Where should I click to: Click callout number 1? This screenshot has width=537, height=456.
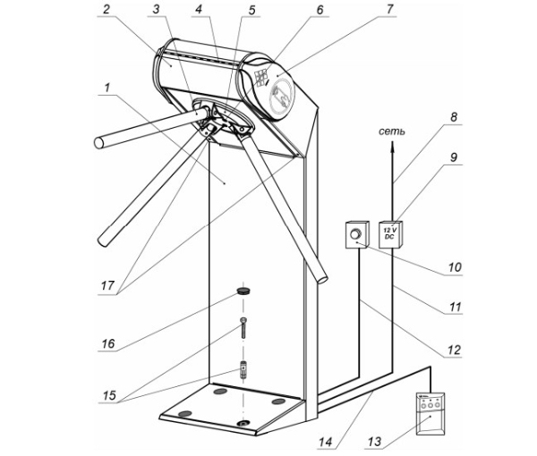(x=107, y=88)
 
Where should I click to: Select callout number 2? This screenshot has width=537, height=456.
(x=107, y=11)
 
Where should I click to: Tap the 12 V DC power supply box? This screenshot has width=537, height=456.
(x=393, y=232)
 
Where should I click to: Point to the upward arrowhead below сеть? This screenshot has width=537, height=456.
(x=392, y=148)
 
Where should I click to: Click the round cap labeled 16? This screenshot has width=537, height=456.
(x=243, y=292)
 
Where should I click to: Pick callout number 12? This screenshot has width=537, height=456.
(x=456, y=350)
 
